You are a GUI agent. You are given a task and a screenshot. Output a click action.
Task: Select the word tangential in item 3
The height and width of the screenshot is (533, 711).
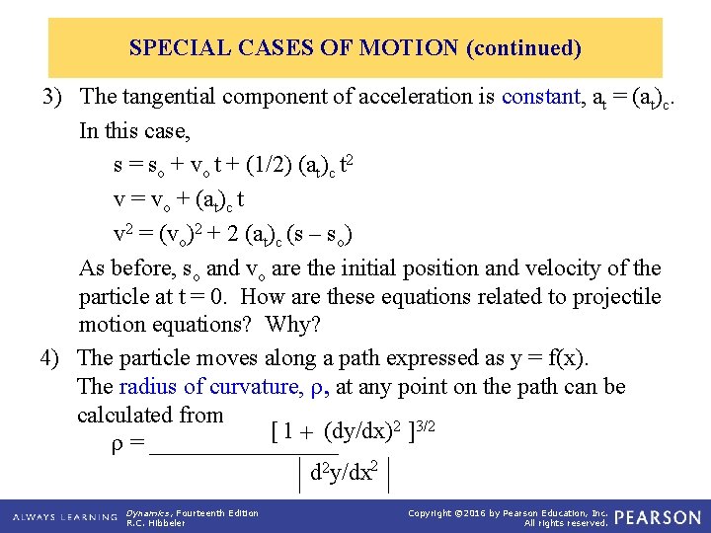168,97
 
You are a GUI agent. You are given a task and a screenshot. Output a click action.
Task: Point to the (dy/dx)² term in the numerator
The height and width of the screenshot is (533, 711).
359,431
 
